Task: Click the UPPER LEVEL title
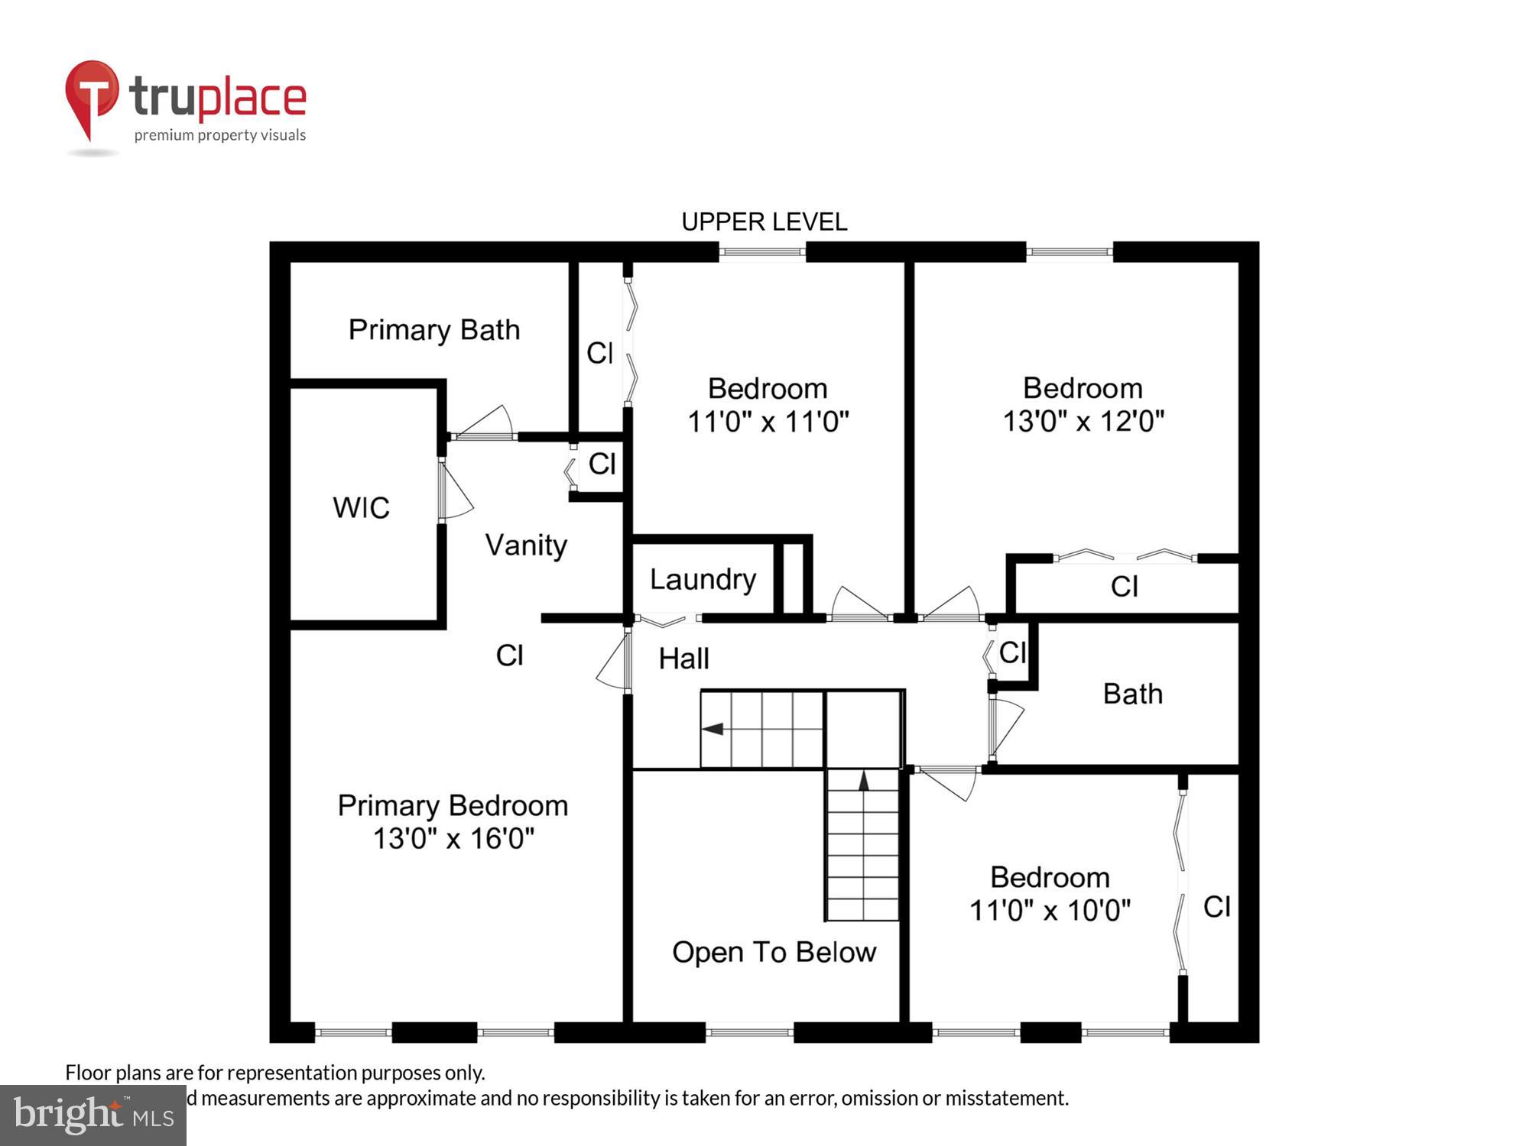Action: [x=764, y=222]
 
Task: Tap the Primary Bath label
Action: [x=433, y=330]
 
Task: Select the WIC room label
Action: [x=361, y=508]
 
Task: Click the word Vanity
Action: [x=526, y=545]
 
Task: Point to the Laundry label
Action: [x=703, y=580]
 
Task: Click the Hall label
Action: [x=683, y=659]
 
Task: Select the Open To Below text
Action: [x=774, y=953]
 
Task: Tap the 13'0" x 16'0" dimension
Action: [x=453, y=839]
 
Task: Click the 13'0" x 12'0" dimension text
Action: [x=1083, y=421]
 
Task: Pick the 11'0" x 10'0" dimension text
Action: [x=1049, y=911]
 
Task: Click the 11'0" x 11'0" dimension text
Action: [x=768, y=422]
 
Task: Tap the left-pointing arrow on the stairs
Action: [x=713, y=729]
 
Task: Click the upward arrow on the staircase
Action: [x=864, y=781]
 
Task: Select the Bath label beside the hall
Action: [x=1132, y=694]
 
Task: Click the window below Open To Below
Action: [x=748, y=1033]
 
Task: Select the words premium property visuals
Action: [x=220, y=136]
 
